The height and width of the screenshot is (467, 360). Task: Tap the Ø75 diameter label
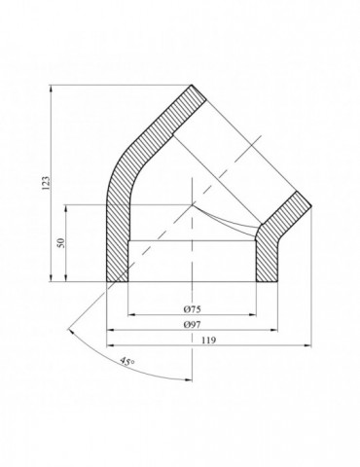193,307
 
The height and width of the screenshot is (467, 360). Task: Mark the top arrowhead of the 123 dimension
47,88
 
